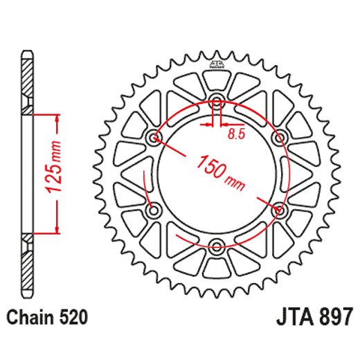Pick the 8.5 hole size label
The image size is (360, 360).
pyautogui.click(x=236, y=135)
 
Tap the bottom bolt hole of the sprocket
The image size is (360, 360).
pyautogui.click(x=217, y=245)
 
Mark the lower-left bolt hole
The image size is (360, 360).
pyautogui.click(x=154, y=209)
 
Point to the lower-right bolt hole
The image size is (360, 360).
pyautogui.click(x=279, y=209)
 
